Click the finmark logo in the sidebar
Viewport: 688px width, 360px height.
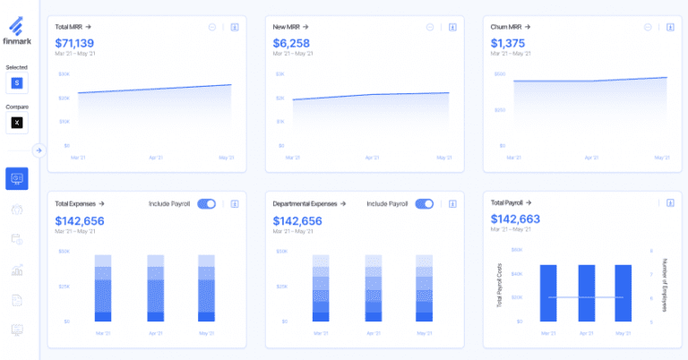coord(17,30)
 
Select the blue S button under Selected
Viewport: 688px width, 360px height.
coord(17,83)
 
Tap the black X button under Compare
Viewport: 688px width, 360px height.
coord(17,122)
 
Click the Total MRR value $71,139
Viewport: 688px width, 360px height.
coord(75,43)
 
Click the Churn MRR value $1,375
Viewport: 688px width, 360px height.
coord(508,43)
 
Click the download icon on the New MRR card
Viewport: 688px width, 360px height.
coord(452,27)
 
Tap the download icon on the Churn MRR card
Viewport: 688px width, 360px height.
coord(669,27)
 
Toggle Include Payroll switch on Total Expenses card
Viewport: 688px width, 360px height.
coord(206,204)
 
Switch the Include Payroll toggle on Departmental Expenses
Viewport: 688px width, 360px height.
coord(424,204)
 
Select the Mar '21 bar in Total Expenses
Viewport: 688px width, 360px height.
coord(103,287)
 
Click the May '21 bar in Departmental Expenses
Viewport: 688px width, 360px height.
coord(424,287)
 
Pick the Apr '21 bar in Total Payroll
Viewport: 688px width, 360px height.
coord(586,293)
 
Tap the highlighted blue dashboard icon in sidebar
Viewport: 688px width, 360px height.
coord(17,178)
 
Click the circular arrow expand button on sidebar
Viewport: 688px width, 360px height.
coord(39,150)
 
